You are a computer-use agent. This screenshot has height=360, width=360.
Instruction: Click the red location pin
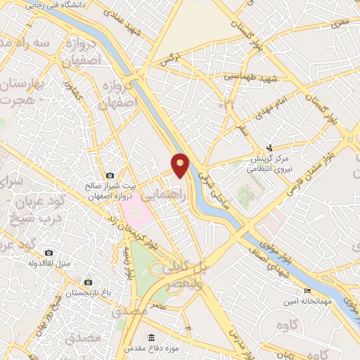tap(180, 165)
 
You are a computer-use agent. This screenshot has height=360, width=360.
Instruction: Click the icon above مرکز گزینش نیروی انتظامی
tap(269, 148)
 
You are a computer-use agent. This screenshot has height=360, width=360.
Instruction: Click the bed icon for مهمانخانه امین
tap(307, 291)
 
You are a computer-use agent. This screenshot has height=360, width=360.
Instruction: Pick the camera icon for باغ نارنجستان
tap(87, 282)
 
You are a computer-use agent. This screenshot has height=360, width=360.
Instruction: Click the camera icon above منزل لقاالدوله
tap(49, 252)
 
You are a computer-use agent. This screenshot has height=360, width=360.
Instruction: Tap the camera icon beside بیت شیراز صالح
tap(110, 175)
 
